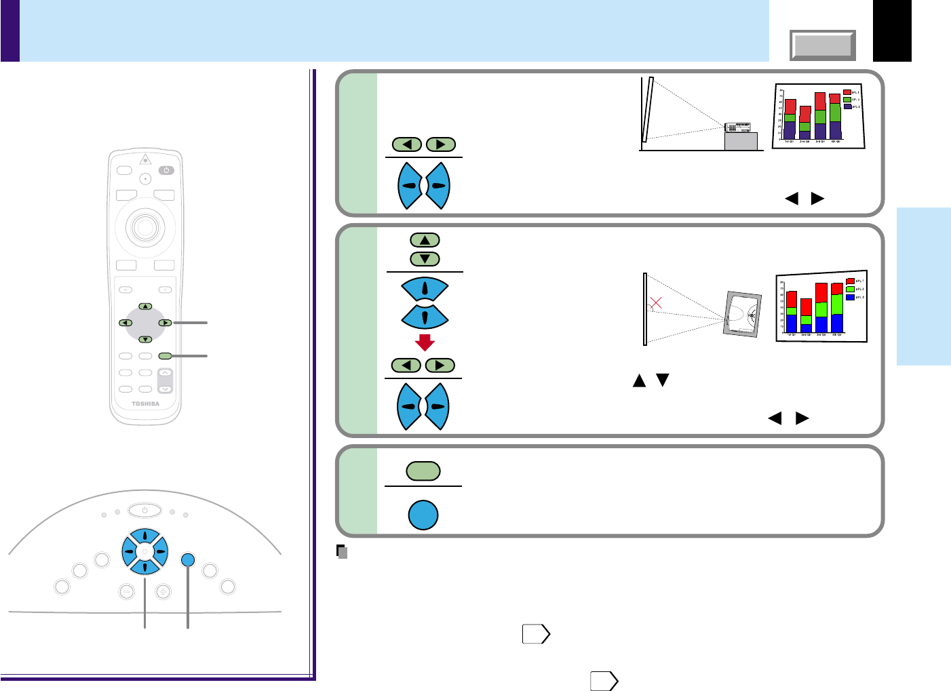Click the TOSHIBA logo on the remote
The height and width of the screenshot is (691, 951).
point(145,404)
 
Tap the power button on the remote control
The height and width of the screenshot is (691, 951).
point(166,170)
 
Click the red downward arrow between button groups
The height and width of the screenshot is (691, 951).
point(425,342)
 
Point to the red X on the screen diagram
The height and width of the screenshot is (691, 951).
point(655,302)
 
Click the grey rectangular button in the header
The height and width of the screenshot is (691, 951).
point(823,45)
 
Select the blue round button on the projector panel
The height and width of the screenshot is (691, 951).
point(189,559)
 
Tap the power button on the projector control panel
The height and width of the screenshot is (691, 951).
point(144,510)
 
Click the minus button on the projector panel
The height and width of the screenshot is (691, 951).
point(126,591)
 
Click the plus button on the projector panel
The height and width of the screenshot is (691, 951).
point(163,591)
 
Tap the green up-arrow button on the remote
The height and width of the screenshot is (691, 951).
point(145,307)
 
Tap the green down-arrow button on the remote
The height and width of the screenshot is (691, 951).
point(145,339)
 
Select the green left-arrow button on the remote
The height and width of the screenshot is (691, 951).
point(126,323)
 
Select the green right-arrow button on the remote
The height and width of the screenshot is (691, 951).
point(164,323)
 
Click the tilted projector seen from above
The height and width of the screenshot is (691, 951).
point(742,314)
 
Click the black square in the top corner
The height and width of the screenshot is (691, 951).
point(892,31)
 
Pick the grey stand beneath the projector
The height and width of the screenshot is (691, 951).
point(741,141)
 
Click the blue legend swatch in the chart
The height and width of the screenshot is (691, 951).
point(850,297)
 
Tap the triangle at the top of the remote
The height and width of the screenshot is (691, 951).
point(144,159)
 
